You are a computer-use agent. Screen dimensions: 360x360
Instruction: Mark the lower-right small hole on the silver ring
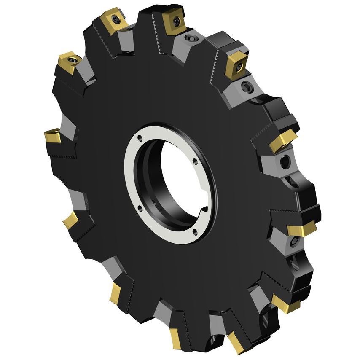[194, 230]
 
